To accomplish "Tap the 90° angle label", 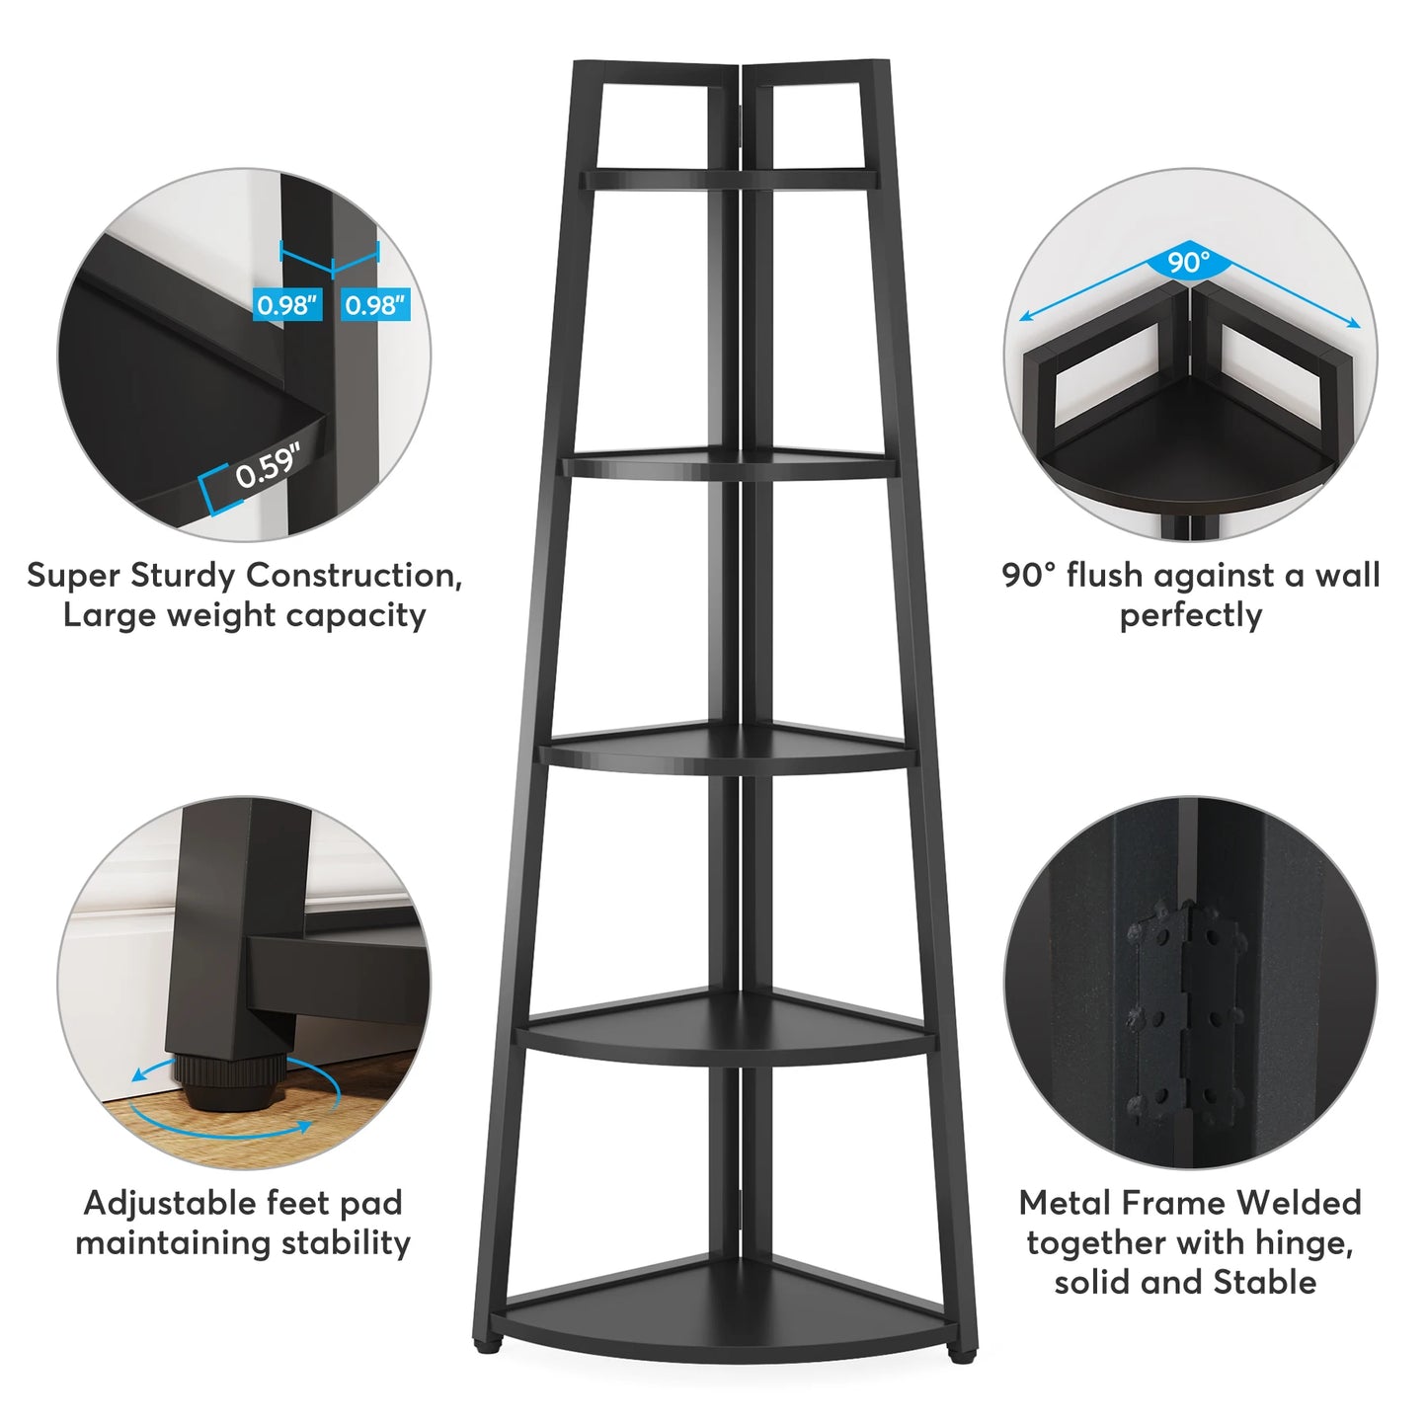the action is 1189,262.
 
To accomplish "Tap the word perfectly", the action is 1191,615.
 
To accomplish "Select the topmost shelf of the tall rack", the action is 729,179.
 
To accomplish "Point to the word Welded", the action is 1299,1204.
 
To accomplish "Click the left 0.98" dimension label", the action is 287,304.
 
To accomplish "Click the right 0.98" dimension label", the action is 376,304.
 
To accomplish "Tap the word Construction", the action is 354,576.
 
